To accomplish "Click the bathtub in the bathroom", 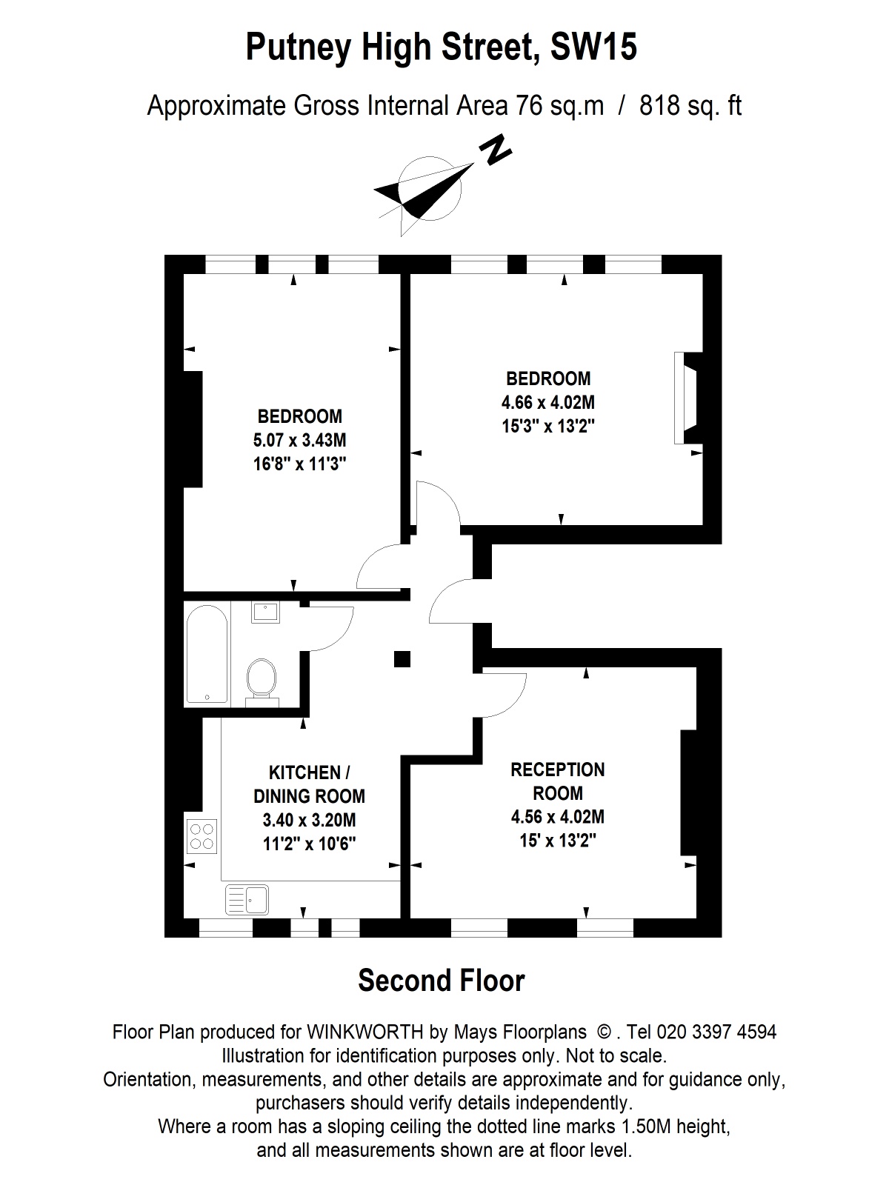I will (x=207, y=654).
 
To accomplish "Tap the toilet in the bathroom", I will (x=261, y=678).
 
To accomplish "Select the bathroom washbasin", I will (x=265, y=612).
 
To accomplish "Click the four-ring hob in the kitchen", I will (x=202, y=835).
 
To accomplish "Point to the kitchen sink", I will (x=247, y=900).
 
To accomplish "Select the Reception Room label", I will (x=557, y=781).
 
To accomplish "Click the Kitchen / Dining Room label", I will (x=309, y=784).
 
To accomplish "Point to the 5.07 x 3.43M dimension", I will (x=299, y=440).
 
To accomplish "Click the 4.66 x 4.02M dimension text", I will (x=548, y=403).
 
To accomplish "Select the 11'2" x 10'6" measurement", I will (x=309, y=844).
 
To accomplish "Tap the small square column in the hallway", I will (x=402, y=658).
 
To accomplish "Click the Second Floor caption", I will (x=442, y=981).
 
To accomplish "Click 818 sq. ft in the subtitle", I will (x=690, y=106).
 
